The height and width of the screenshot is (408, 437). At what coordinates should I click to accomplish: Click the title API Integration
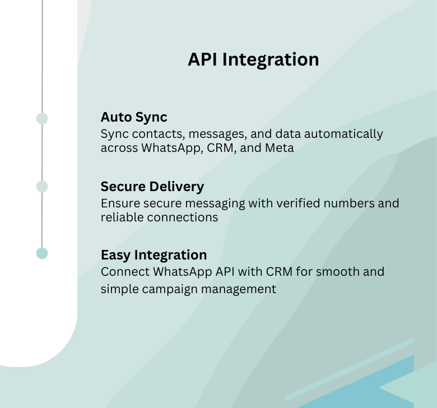[253, 59]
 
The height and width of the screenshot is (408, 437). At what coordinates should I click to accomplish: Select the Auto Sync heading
[134, 117]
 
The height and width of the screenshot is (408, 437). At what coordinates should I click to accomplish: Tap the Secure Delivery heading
[152, 186]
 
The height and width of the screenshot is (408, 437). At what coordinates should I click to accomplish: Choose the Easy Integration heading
[154, 255]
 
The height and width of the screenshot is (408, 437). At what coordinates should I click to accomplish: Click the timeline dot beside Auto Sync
[42, 119]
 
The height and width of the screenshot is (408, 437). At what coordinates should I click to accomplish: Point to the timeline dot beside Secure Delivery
[42, 186]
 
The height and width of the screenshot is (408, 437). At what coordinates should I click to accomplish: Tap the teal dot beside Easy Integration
[42, 253]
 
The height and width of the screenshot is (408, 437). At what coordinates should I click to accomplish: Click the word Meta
[280, 149]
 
